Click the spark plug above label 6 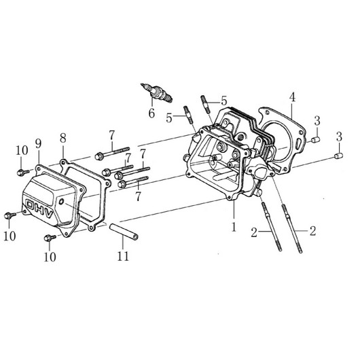click(156, 92)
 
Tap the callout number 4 click(292, 97)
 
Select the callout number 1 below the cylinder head click(234, 226)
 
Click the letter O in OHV click(31, 204)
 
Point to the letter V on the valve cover click(49, 214)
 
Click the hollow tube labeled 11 click(124, 232)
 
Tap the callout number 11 click(124, 256)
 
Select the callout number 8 click(63, 138)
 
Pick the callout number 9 click(38, 143)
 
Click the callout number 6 click(151, 113)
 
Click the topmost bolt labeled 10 click(23, 173)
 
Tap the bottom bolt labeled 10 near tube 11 click(50, 238)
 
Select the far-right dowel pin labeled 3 click(338, 156)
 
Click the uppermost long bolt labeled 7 click(112, 152)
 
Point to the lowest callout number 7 click(138, 196)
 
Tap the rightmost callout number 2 click(312, 231)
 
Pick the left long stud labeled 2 click(272, 226)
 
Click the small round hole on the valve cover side click(61, 202)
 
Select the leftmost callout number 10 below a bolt click(10, 236)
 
